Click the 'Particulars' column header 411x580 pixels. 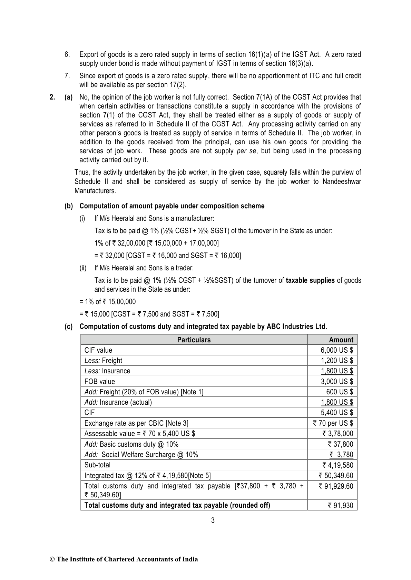click(x=194, y=340)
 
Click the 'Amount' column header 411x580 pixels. click(x=341, y=340)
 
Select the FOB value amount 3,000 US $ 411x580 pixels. click(x=337, y=382)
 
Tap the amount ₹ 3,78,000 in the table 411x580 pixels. click(x=338, y=434)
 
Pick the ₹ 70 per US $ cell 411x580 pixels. click(x=333, y=423)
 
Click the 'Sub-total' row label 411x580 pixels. click(x=97, y=465)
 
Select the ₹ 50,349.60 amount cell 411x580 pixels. click(x=336, y=476)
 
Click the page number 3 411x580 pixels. click(x=213, y=520)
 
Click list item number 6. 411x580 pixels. click(x=67, y=54)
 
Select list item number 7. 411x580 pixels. click(x=67, y=76)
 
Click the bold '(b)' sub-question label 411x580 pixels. click(x=69, y=206)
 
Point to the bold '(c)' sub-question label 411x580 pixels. click(x=69, y=327)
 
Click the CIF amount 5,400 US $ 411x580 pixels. click(x=337, y=413)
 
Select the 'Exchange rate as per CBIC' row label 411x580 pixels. click(x=136, y=423)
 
